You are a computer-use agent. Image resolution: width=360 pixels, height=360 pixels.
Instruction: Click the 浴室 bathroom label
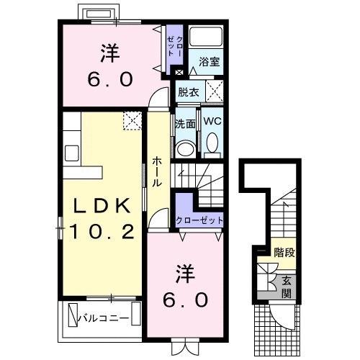210,62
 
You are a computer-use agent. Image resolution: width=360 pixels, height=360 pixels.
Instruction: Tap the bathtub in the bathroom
206,37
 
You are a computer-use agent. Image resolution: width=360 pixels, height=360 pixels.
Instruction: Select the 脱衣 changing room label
189,92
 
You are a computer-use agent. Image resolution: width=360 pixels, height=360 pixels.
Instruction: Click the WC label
212,121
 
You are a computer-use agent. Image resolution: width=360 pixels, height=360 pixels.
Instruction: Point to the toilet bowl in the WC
212,143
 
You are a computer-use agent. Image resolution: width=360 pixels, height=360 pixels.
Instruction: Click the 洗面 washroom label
185,124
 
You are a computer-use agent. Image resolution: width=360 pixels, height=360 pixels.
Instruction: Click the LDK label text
102,206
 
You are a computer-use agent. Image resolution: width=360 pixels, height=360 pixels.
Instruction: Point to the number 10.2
102,232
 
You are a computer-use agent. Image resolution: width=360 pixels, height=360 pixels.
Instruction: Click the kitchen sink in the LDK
72,153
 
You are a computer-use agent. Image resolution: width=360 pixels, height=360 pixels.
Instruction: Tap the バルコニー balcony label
104,318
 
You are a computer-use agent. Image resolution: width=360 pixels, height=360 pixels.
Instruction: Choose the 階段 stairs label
284,253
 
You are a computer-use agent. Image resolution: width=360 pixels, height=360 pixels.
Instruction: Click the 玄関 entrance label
287,287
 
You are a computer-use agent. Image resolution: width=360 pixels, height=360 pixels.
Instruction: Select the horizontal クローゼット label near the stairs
199,220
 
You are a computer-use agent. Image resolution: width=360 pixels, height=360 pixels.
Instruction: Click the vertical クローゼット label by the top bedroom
175,45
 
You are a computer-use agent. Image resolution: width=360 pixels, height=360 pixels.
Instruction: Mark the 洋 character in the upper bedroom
110,53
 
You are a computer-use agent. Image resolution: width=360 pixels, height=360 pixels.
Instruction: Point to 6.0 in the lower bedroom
185,300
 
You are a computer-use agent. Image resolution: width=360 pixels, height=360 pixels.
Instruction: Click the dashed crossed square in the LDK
132,121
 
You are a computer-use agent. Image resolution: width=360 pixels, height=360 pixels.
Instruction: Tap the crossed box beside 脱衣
215,91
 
